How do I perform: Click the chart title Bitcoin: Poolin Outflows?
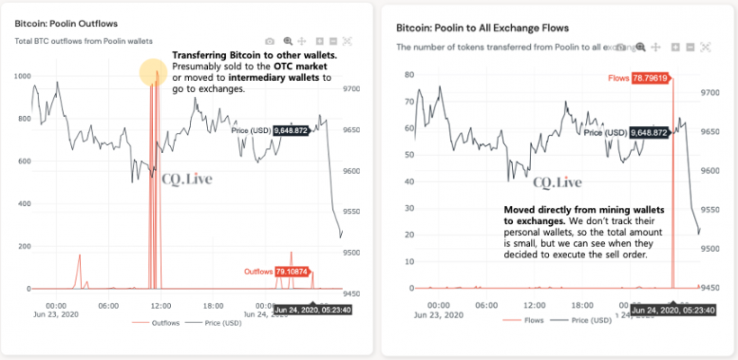click(x=66, y=22)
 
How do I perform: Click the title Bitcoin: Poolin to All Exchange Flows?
click(x=469, y=27)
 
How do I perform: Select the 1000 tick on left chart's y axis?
click(x=19, y=76)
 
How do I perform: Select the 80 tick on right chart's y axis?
click(x=408, y=75)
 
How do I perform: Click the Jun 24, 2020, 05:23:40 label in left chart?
click(x=314, y=310)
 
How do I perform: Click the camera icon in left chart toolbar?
click(x=269, y=41)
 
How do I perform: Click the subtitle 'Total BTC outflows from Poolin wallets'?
click(x=84, y=41)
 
